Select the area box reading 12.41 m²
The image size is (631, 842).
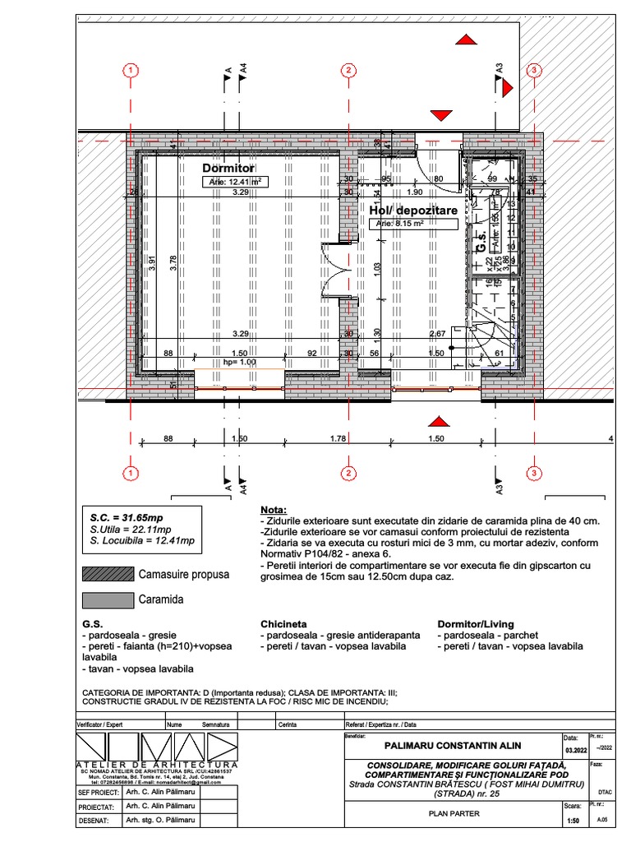[x=236, y=182]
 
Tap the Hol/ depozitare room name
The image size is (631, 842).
[x=412, y=211]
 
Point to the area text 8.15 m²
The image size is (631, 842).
[x=400, y=223]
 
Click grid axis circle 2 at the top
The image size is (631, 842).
[x=349, y=71]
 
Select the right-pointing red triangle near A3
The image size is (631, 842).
[x=508, y=86]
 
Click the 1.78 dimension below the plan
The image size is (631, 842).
[x=338, y=439]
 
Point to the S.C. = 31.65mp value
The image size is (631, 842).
[x=127, y=518]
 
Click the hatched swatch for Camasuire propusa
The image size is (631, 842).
[x=107, y=575]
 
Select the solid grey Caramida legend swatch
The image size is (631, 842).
[x=107, y=600]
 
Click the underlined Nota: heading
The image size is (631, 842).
[x=274, y=511]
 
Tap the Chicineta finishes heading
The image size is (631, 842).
[x=283, y=624]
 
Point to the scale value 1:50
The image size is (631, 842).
[x=573, y=820]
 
